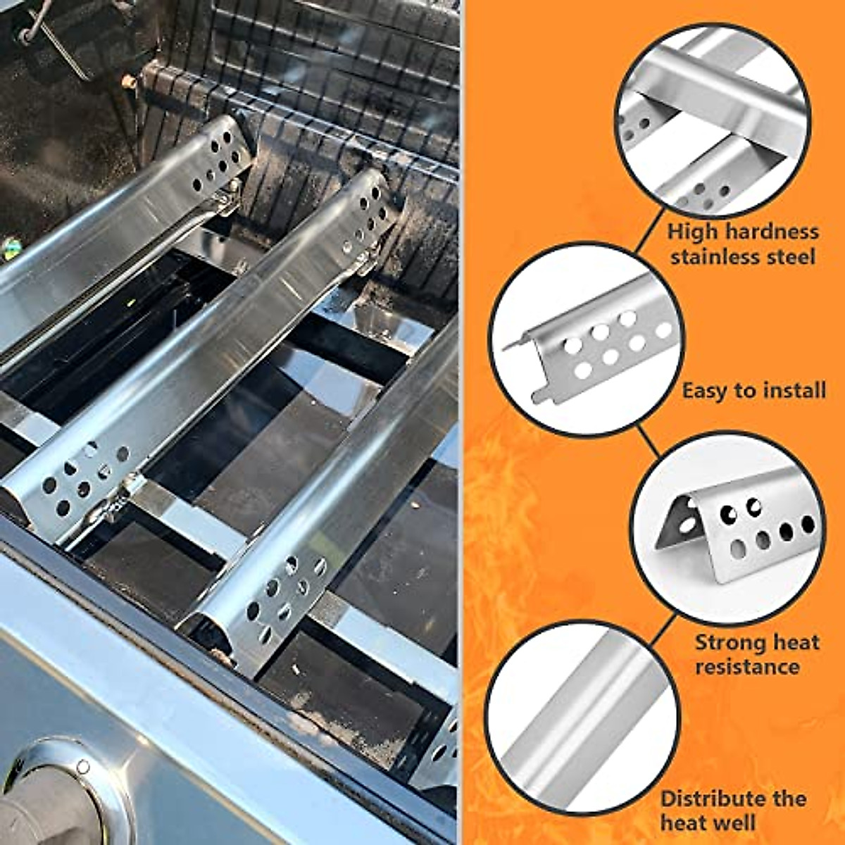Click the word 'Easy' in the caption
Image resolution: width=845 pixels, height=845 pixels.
click(705, 390)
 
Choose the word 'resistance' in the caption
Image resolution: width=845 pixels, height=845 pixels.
click(747, 666)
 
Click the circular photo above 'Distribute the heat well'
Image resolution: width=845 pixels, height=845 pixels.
click(583, 718)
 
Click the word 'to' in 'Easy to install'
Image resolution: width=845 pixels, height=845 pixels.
click(744, 390)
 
